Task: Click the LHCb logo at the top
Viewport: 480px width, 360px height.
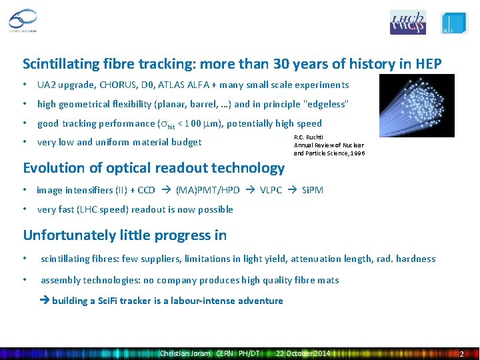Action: point(407,22)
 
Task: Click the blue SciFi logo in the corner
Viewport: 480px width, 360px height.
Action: point(455,23)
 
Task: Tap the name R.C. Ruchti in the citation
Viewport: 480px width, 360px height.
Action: point(309,137)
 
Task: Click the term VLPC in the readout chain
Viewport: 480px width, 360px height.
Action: point(271,190)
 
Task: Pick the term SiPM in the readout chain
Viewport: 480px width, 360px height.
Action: point(313,190)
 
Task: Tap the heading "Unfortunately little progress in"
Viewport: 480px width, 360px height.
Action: point(125,235)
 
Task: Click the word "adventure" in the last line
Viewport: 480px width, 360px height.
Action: point(260,301)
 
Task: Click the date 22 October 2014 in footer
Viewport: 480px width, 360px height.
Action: point(303,353)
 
